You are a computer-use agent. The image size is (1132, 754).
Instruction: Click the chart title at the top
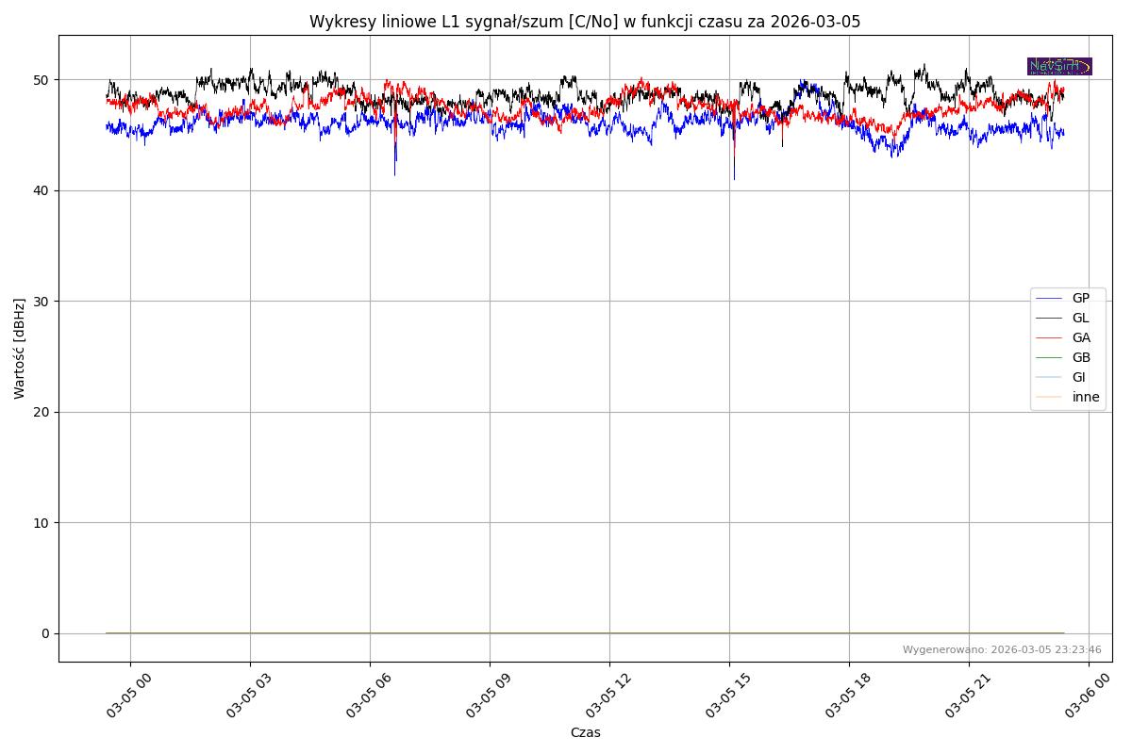point(585,22)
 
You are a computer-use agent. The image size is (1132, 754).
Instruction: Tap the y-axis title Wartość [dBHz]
point(20,348)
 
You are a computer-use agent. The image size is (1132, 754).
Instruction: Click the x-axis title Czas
point(585,732)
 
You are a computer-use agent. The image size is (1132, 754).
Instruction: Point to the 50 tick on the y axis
point(43,80)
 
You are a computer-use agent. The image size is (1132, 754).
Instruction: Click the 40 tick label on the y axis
point(43,190)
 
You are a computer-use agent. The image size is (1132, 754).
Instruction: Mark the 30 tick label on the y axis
point(43,302)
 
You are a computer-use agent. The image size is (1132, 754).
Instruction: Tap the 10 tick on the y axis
point(43,523)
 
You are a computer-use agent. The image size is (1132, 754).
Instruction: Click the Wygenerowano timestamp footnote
point(1002,649)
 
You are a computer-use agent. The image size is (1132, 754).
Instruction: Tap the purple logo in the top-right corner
point(1059,66)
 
